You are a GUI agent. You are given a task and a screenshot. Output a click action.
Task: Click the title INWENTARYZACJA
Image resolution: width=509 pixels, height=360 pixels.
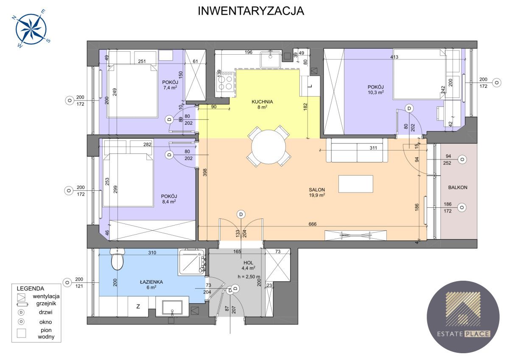(251, 11)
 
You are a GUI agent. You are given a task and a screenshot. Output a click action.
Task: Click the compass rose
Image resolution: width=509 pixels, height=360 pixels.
(31, 29)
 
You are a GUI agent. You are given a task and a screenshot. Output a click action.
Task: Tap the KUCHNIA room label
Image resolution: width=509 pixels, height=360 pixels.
(262, 102)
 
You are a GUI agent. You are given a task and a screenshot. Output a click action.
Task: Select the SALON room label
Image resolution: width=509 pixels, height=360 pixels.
(317, 190)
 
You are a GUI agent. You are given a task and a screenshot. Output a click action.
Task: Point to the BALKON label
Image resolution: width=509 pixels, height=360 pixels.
(458, 187)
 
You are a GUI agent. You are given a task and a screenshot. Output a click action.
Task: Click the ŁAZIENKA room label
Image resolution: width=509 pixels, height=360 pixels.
(151, 282)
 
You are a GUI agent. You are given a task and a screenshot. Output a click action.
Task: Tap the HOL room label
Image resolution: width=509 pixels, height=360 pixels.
(248, 262)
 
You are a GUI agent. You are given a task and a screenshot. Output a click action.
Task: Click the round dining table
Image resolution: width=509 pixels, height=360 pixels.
(268, 147)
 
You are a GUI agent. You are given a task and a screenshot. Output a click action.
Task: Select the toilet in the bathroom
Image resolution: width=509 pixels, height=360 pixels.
(117, 259)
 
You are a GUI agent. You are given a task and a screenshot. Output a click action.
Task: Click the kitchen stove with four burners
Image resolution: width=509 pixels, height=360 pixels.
(225, 81)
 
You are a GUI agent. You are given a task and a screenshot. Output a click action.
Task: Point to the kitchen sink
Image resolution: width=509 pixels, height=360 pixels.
(271, 59)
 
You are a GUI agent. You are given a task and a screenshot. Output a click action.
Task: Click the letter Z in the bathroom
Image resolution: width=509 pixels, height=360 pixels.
(138, 307)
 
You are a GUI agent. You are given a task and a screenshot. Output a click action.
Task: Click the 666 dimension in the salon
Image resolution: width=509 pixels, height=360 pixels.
(313, 224)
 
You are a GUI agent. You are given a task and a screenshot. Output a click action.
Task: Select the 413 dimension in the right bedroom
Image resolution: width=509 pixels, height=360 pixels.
(394, 57)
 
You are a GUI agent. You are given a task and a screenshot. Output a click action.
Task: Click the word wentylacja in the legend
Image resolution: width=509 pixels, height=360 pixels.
(46, 296)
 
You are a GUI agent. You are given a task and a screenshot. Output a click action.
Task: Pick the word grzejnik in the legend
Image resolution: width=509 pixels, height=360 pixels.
(46, 304)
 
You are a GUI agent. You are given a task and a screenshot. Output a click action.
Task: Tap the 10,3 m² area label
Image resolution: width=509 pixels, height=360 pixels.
(376, 92)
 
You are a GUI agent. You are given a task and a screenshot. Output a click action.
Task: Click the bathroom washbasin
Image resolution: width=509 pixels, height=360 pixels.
(172, 308)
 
